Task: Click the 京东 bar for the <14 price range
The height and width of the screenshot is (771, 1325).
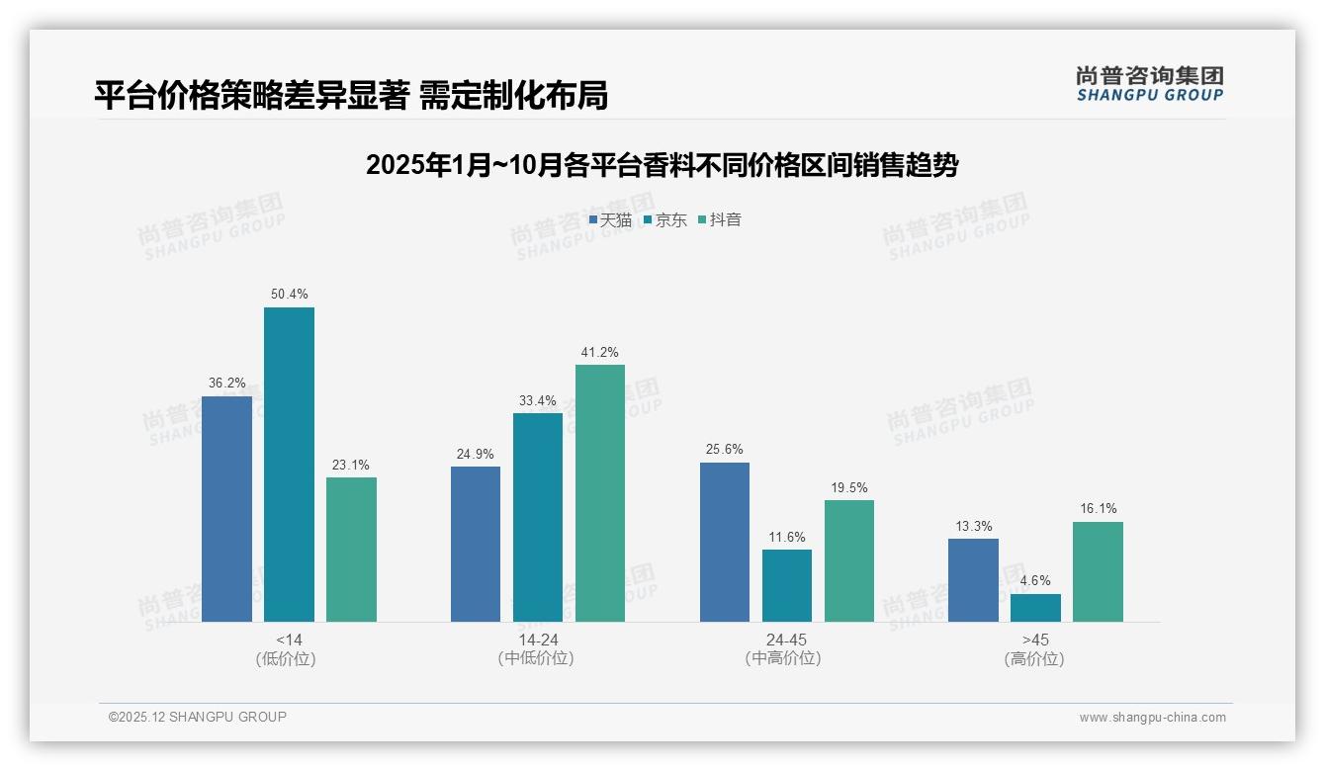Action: (289, 465)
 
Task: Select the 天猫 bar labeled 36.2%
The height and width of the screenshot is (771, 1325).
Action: (226, 509)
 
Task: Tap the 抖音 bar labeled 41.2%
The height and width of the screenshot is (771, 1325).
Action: (600, 493)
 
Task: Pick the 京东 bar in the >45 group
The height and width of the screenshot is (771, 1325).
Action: (1035, 608)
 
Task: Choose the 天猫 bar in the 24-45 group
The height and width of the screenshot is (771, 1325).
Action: (725, 542)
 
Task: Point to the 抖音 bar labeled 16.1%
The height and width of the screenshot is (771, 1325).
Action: (1098, 571)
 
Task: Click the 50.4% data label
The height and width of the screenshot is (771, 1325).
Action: (289, 294)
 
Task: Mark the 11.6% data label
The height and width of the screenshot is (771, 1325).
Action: (787, 537)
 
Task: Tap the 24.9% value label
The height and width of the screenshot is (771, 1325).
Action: (476, 454)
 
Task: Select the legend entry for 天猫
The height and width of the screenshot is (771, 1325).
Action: (610, 219)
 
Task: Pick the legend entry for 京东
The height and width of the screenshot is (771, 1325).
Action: (664, 219)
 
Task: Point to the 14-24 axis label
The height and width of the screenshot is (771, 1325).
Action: (538, 640)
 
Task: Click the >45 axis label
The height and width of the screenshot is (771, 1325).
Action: (1035, 640)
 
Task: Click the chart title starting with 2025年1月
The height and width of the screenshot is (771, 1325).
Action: (662, 165)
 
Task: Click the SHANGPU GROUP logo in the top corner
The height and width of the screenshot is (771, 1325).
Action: (1149, 84)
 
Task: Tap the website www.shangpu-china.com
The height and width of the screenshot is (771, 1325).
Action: (1152, 718)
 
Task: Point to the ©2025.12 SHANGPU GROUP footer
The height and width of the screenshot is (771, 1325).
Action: (198, 717)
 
